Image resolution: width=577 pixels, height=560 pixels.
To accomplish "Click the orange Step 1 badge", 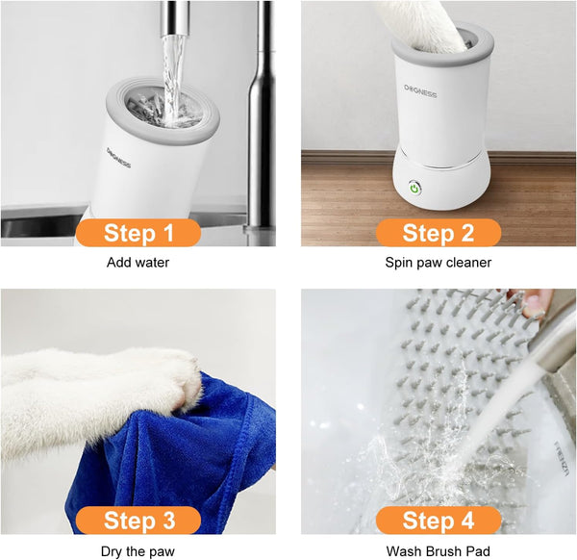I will [139, 233].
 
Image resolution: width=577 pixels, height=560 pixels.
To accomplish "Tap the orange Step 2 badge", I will [439, 233].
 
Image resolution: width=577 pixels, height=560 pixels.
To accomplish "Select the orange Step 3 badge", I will [139, 521].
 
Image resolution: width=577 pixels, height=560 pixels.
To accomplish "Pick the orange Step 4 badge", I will [439, 521].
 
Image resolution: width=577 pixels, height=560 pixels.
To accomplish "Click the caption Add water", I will [138, 262].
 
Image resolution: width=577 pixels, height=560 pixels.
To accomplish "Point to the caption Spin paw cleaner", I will [438, 262].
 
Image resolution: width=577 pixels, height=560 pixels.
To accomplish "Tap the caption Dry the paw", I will [138, 551].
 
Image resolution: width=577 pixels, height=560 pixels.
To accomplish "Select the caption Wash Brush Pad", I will [438, 551].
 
